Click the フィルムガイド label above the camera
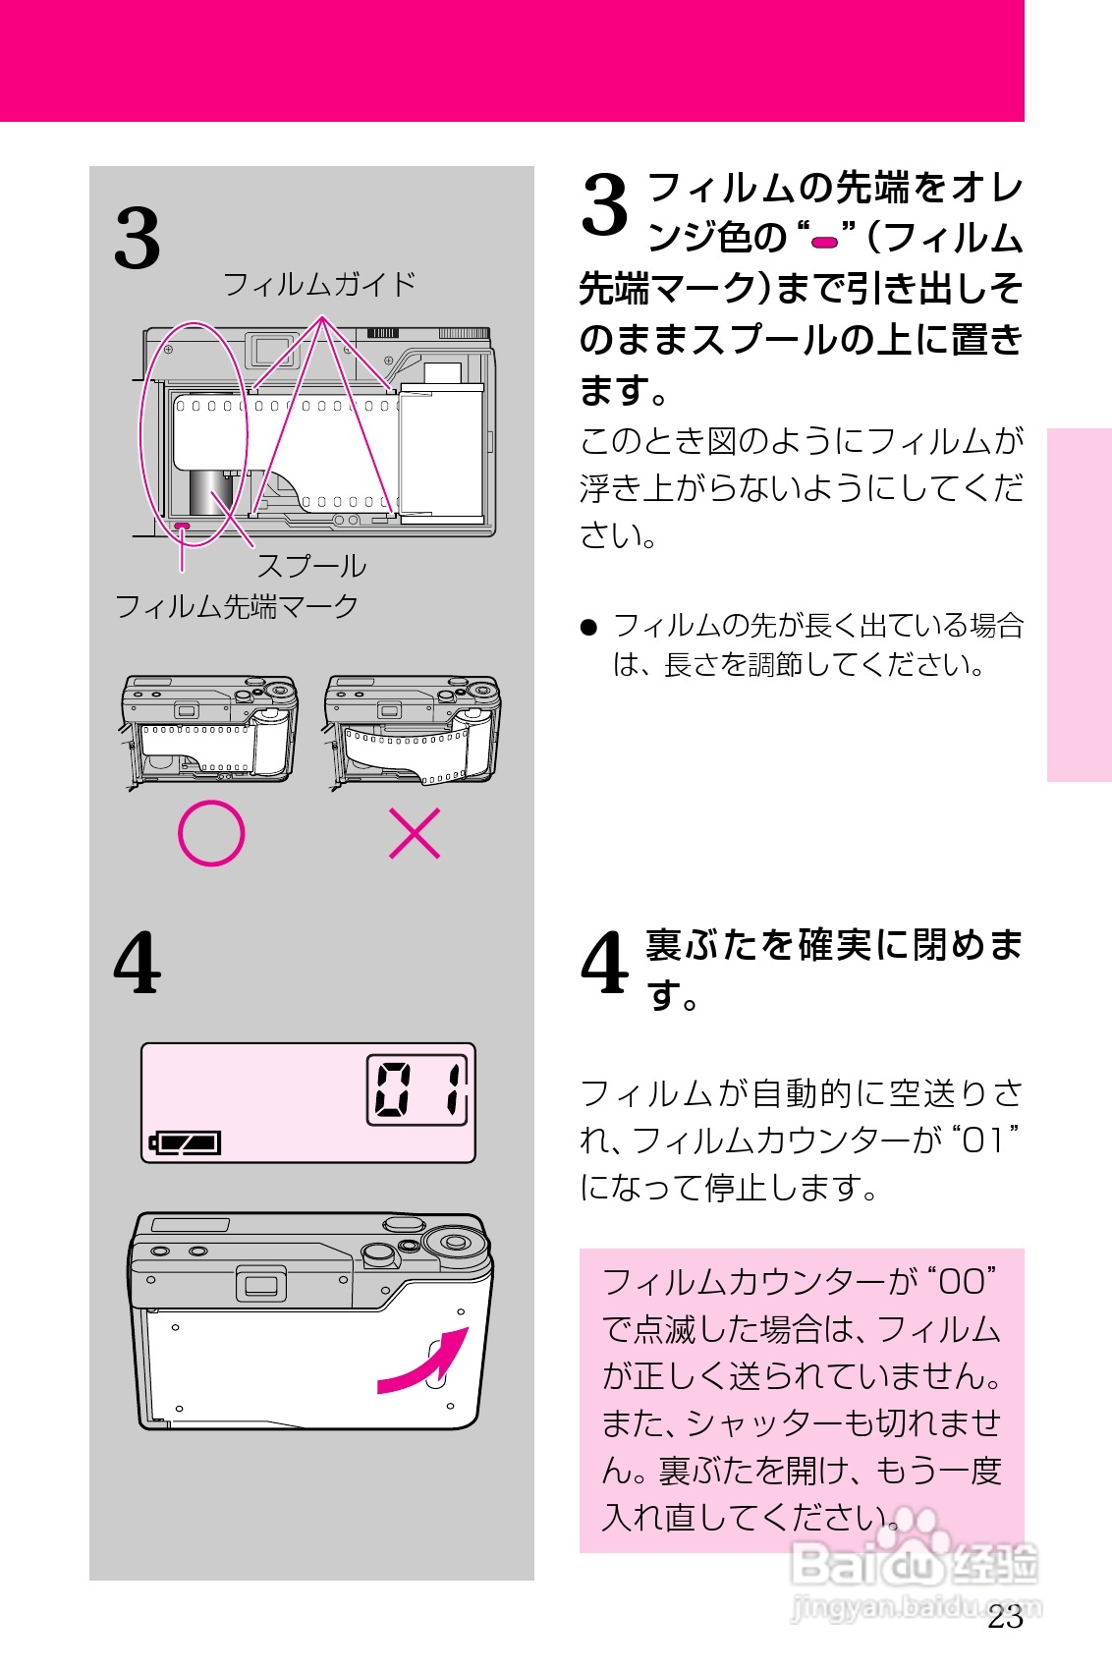[x=319, y=285]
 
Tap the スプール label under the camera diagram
[x=311, y=567]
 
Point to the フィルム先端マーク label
[x=237, y=606]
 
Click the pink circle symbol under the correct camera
[x=211, y=833]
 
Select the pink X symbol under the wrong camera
[x=415, y=833]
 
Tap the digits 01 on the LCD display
[x=418, y=1089]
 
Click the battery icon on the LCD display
[x=186, y=1142]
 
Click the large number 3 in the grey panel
[x=138, y=239]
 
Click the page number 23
[x=1005, y=1617]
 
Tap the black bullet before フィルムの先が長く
[x=589, y=627]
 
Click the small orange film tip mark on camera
[x=182, y=527]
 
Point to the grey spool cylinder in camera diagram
[x=210, y=491]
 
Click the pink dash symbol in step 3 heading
[x=825, y=241]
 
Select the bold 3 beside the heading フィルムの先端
[x=604, y=204]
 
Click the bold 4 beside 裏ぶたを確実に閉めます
[x=604, y=964]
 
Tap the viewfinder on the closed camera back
[x=260, y=1285]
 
